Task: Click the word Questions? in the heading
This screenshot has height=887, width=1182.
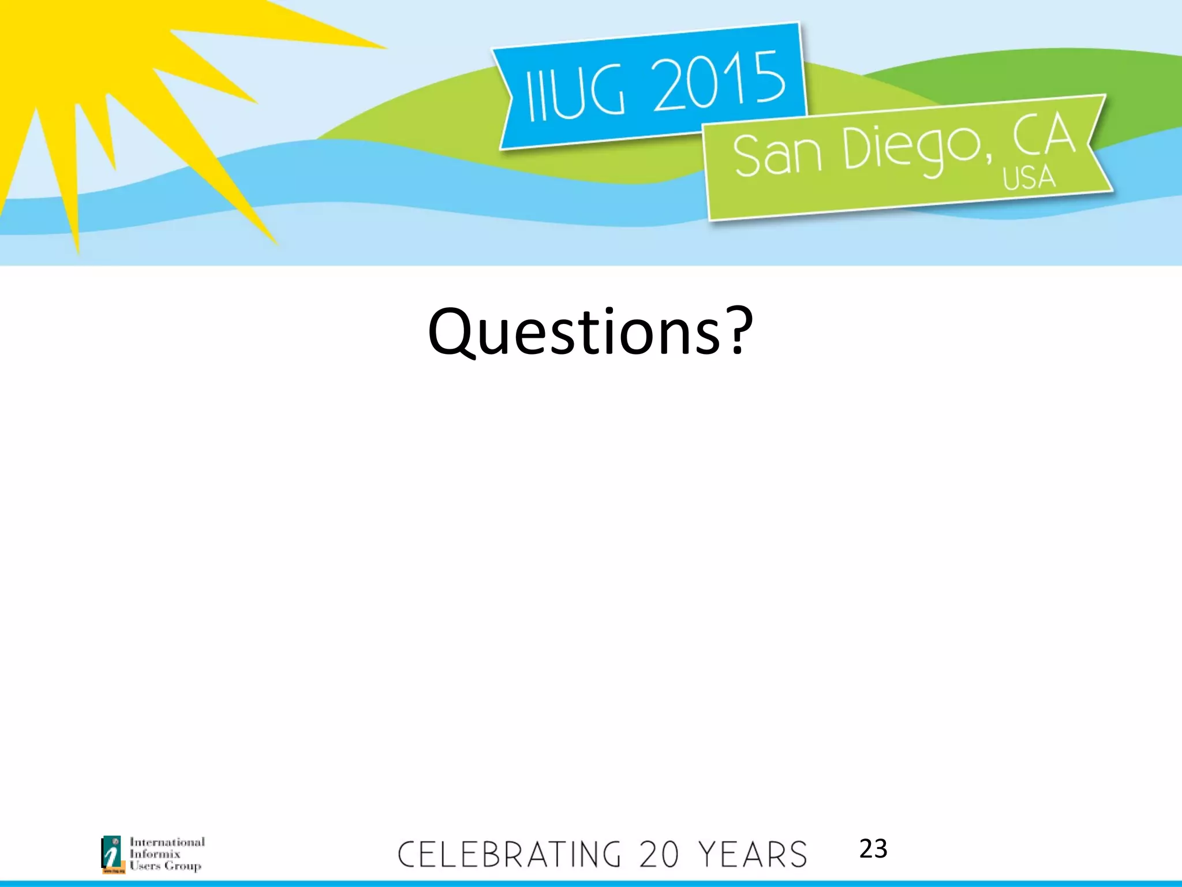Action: click(590, 332)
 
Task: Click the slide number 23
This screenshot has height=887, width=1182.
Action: click(873, 849)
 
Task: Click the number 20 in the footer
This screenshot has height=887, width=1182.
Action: click(659, 855)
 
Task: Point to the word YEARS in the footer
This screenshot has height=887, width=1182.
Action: click(753, 855)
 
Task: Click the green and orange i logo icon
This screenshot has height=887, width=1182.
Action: click(113, 854)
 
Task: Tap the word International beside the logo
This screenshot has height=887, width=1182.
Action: click(167, 842)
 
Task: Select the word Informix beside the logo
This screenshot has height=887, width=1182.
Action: click(155, 854)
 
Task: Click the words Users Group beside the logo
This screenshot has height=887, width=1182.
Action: click(165, 866)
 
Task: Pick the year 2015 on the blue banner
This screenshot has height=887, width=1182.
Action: click(719, 83)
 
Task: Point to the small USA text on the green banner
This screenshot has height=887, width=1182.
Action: click(1028, 177)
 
